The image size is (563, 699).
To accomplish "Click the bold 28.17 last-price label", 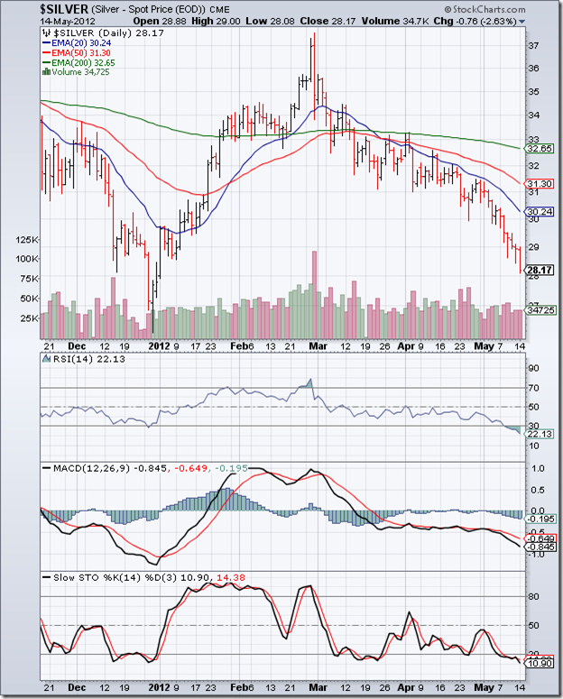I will pyautogui.click(x=539, y=269).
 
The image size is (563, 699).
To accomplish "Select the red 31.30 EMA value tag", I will pyautogui.click(x=539, y=183).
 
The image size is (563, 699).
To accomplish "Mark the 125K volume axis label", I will pyautogui.click(x=27, y=240).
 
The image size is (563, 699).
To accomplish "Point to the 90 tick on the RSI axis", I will pyautogui.click(x=533, y=368).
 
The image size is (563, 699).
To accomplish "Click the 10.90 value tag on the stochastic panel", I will pyautogui.click(x=539, y=664).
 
